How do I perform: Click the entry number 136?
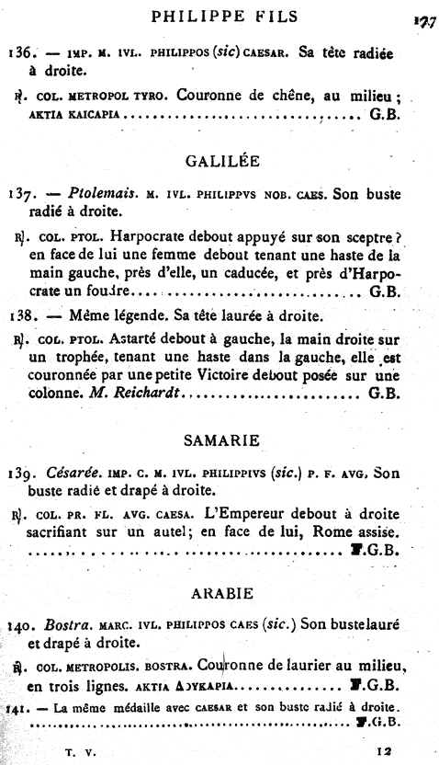coord(18,52)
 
